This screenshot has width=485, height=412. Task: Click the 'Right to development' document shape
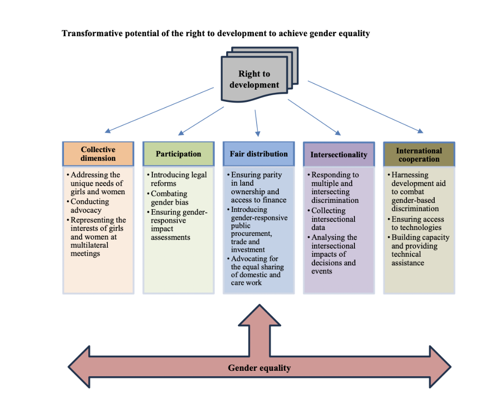[x=254, y=79]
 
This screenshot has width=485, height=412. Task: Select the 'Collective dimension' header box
[x=98, y=154]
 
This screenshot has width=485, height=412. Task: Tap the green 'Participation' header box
[x=178, y=154]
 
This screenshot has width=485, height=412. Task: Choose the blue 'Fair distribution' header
[x=258, y=154]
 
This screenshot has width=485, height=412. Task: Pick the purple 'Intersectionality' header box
[x=339, y=154]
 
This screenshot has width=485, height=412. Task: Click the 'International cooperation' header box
[x=419, y=154]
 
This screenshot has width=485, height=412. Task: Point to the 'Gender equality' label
[x=259, y=368]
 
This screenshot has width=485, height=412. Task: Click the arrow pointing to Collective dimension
[x=159, y=110]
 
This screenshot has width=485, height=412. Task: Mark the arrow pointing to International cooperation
[x=365, y=107]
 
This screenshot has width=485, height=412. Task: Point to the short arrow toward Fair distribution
[x=257, y=122]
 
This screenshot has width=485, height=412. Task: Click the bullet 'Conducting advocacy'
[x=89, y=206]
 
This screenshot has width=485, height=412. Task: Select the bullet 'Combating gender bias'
[x=169, y=198]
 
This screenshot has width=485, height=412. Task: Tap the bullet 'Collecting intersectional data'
[x=333, y=219]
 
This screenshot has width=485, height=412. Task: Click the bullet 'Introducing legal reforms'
[x=179, y=179]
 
